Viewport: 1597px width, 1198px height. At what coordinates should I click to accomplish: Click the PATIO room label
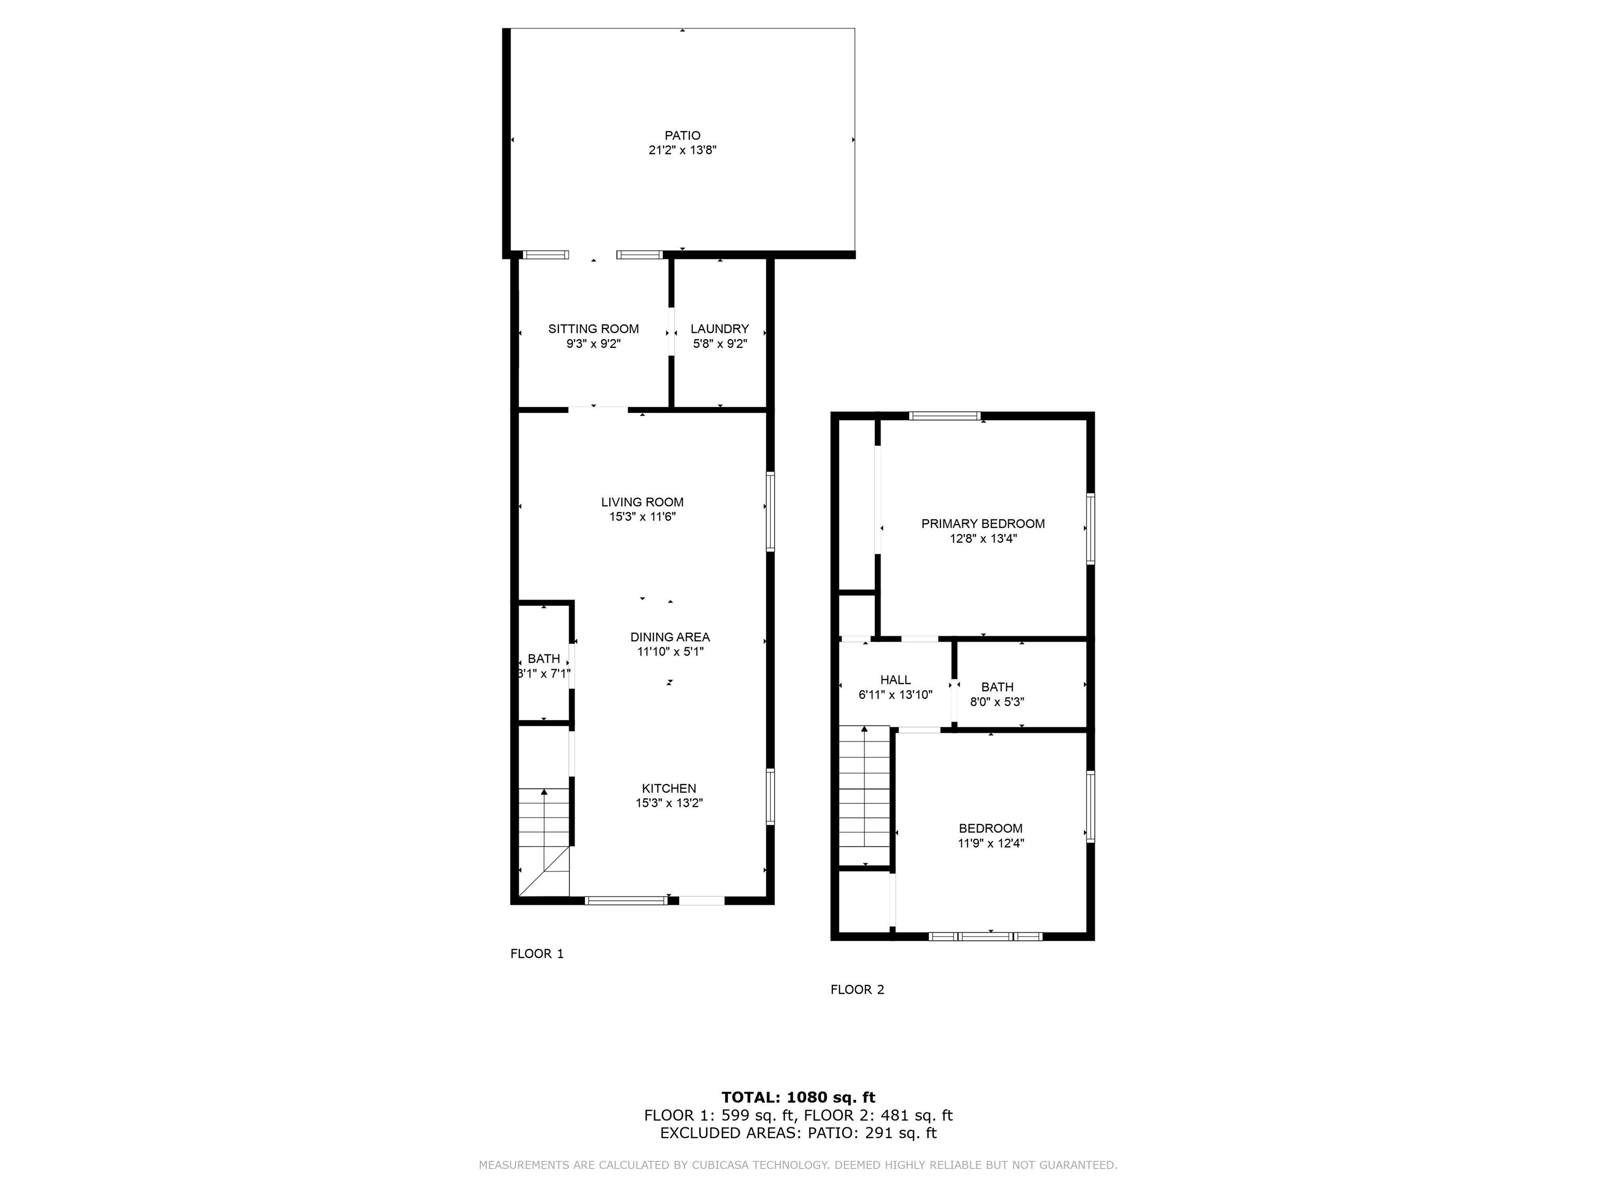pos(682,136)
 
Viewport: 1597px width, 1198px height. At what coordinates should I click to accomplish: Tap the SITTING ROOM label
pos(594,329)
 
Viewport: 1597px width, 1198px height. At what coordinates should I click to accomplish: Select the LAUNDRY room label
pos(720,329)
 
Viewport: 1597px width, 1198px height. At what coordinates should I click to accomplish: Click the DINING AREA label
pos(670,637)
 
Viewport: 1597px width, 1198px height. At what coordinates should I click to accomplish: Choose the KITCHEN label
pos(669,789)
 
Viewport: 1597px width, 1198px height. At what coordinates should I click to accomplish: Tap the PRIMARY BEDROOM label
pos(984,524)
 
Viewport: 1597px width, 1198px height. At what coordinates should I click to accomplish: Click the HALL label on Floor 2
pos(895,680)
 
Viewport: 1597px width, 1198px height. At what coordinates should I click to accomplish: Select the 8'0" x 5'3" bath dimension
pos(997,702)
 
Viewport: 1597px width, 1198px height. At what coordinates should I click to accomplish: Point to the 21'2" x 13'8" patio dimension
pos(682,150)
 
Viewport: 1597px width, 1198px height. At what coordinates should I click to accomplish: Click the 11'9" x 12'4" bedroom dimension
pos(990,843)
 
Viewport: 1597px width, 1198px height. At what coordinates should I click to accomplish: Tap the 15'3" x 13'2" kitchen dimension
pos(669,803)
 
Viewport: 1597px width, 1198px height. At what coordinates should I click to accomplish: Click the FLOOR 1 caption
pos(537,954)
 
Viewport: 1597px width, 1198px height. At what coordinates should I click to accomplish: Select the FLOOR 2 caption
pos(857,990)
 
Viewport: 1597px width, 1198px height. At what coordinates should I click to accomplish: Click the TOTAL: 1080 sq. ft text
pos(798,1098)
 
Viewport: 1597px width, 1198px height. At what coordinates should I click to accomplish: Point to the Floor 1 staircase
pos(544,842)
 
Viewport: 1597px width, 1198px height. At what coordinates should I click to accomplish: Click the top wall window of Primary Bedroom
pos(945,416)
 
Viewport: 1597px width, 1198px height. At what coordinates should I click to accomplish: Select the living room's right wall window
pos(770,512)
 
